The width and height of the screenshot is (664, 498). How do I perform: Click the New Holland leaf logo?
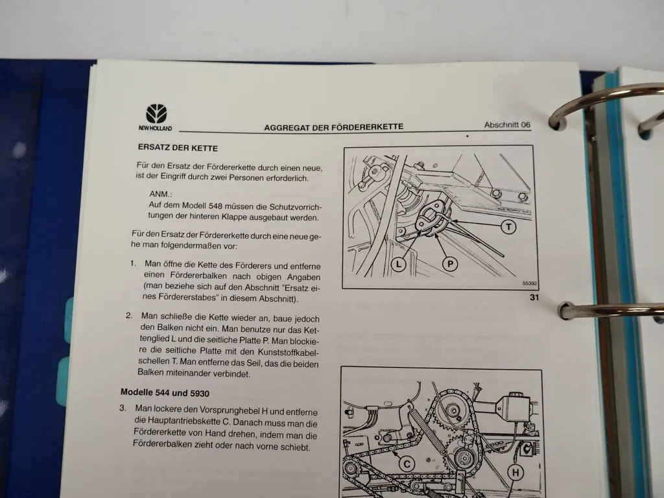pos(156,114)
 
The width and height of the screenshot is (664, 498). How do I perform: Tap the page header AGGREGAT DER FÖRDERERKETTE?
pos(333,127)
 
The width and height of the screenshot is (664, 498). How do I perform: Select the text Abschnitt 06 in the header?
pos(507,124)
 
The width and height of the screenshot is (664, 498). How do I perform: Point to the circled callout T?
pos(508,226)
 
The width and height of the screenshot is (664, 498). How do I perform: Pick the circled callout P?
pos(450,264)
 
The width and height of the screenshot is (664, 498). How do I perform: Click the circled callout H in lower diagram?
pos(516,473)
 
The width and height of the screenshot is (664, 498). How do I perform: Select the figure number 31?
pos(534,297)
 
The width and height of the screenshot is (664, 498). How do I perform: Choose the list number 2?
pos(128,316)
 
